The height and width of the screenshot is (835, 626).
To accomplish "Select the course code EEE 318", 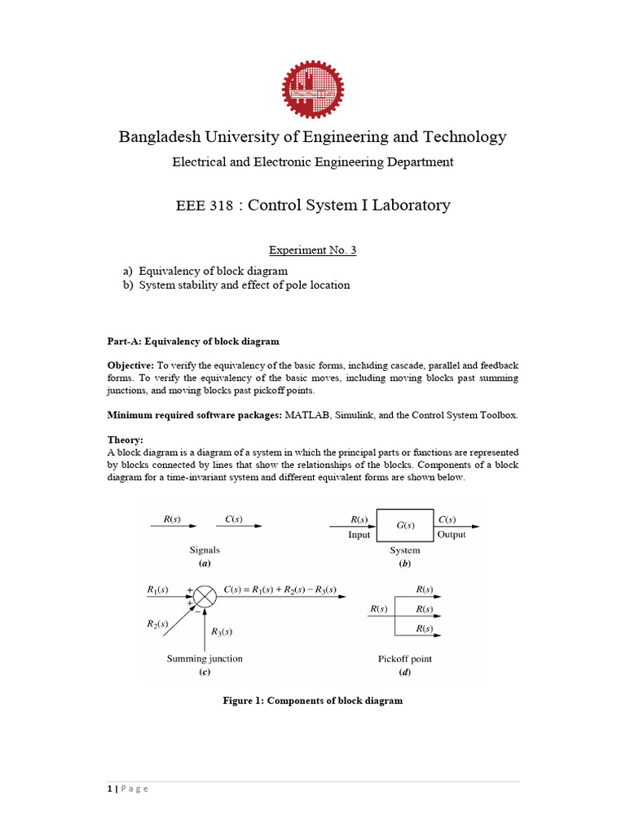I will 205,206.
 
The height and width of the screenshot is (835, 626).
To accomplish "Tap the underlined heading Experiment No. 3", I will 313,250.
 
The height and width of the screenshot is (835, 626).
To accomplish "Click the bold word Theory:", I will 126,440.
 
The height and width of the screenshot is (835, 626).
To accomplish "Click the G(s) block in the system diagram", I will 405,526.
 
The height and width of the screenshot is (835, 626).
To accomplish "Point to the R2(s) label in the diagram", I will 157,624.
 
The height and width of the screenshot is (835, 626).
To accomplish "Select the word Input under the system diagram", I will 359,535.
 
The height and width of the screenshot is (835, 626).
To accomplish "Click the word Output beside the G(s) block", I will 451,535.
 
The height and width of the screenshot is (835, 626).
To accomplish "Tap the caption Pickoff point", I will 405,659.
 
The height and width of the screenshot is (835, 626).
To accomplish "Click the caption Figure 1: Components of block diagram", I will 313,700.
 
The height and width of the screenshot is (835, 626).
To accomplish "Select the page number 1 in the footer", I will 110,789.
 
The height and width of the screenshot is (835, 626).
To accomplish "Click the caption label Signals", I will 204,550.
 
